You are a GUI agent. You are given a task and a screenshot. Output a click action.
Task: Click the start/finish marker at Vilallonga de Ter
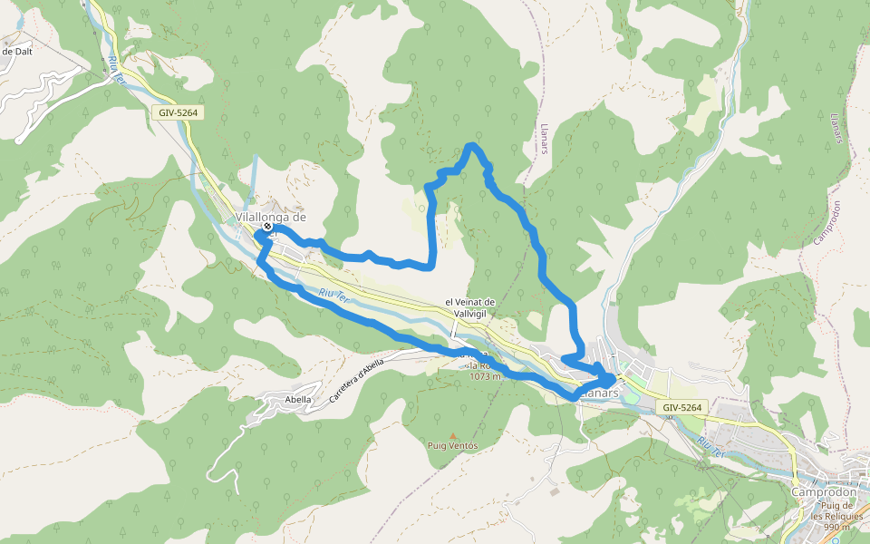pyautogui.click(x=267, y=227)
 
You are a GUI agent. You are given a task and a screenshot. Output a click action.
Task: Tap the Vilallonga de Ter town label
pyautogui.click(x=270, y=218)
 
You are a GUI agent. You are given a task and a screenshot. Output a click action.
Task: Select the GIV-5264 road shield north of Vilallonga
pyautogui.click(x=176, y=113)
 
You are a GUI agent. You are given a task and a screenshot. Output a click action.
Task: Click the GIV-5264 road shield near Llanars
pyautogui.click(x=681, y=408)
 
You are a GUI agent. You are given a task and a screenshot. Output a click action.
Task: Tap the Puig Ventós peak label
pyautogui.click(x=452, y=445)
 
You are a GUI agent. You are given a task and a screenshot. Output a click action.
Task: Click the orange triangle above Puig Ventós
pyautogui.click(x=453, y=435)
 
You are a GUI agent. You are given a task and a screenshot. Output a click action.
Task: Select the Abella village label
pyautogui.click(x=298, y=399)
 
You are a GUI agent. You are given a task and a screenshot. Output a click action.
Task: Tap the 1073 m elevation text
pyautogui.click(x=486, y=376)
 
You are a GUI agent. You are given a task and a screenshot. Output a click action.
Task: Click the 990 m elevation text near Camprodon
pyautogui.click(x=836, y=527)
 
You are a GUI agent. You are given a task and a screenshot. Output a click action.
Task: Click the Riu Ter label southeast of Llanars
pyautogui.click(x=710, y=445)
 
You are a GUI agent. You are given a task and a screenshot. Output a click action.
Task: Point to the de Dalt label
pyautogui.click(x=17, y=52)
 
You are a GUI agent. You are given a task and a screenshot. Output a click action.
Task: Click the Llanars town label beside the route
pyautogui.click(x=599, y=393)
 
